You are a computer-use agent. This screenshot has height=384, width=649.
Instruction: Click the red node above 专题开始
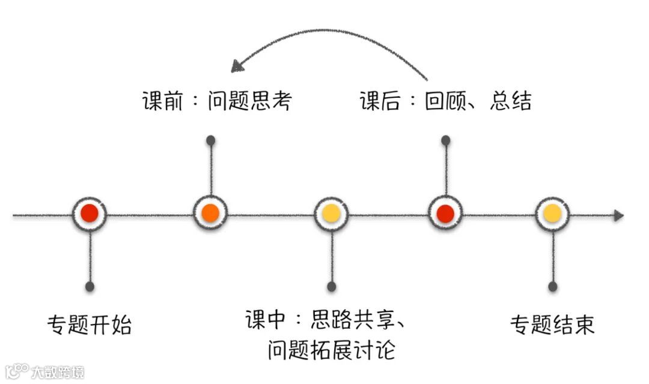pyautogui.click(x=90, y=213)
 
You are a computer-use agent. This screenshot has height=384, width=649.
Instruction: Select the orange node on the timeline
pyautogui.click(x=210, y=213)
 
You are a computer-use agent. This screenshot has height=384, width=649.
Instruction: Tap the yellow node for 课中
pyautogui.click(x=331, y=213)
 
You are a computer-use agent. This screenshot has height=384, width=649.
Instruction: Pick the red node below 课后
pyautogui.click(x=445, y=213)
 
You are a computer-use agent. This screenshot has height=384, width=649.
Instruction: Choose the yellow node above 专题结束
pyautogui.click(x=552, y=213)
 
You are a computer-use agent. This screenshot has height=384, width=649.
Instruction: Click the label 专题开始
pyautogui.click(x=90, y=325)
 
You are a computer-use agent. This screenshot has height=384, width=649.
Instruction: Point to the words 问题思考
pyautogui.click(x=249, y=101)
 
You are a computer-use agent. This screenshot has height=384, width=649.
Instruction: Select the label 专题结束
pyautogui.click(x=552, y=325)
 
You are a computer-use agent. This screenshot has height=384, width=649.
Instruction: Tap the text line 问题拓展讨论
pyautogui.click(x=331, y=349)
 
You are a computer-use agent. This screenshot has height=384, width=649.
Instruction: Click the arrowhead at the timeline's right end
pyautogui.click(x=618, y=215)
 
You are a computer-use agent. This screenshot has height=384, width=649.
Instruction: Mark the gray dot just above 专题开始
pyautogui.click(x=90, y=287)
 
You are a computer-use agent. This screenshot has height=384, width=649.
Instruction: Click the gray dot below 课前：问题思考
pyautogui.click(x=210, y=140)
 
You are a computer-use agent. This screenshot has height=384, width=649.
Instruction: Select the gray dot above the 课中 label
pyautogui.click(x=331, y=287)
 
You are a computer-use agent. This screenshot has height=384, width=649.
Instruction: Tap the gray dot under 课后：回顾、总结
pyautogui.click(x=445, y=140)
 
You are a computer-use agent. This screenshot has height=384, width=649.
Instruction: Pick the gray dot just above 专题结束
pyautogui.click(x=552, y=287)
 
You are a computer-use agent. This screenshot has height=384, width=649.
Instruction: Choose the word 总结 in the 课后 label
pyautogui.click(x=511, y=101)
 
